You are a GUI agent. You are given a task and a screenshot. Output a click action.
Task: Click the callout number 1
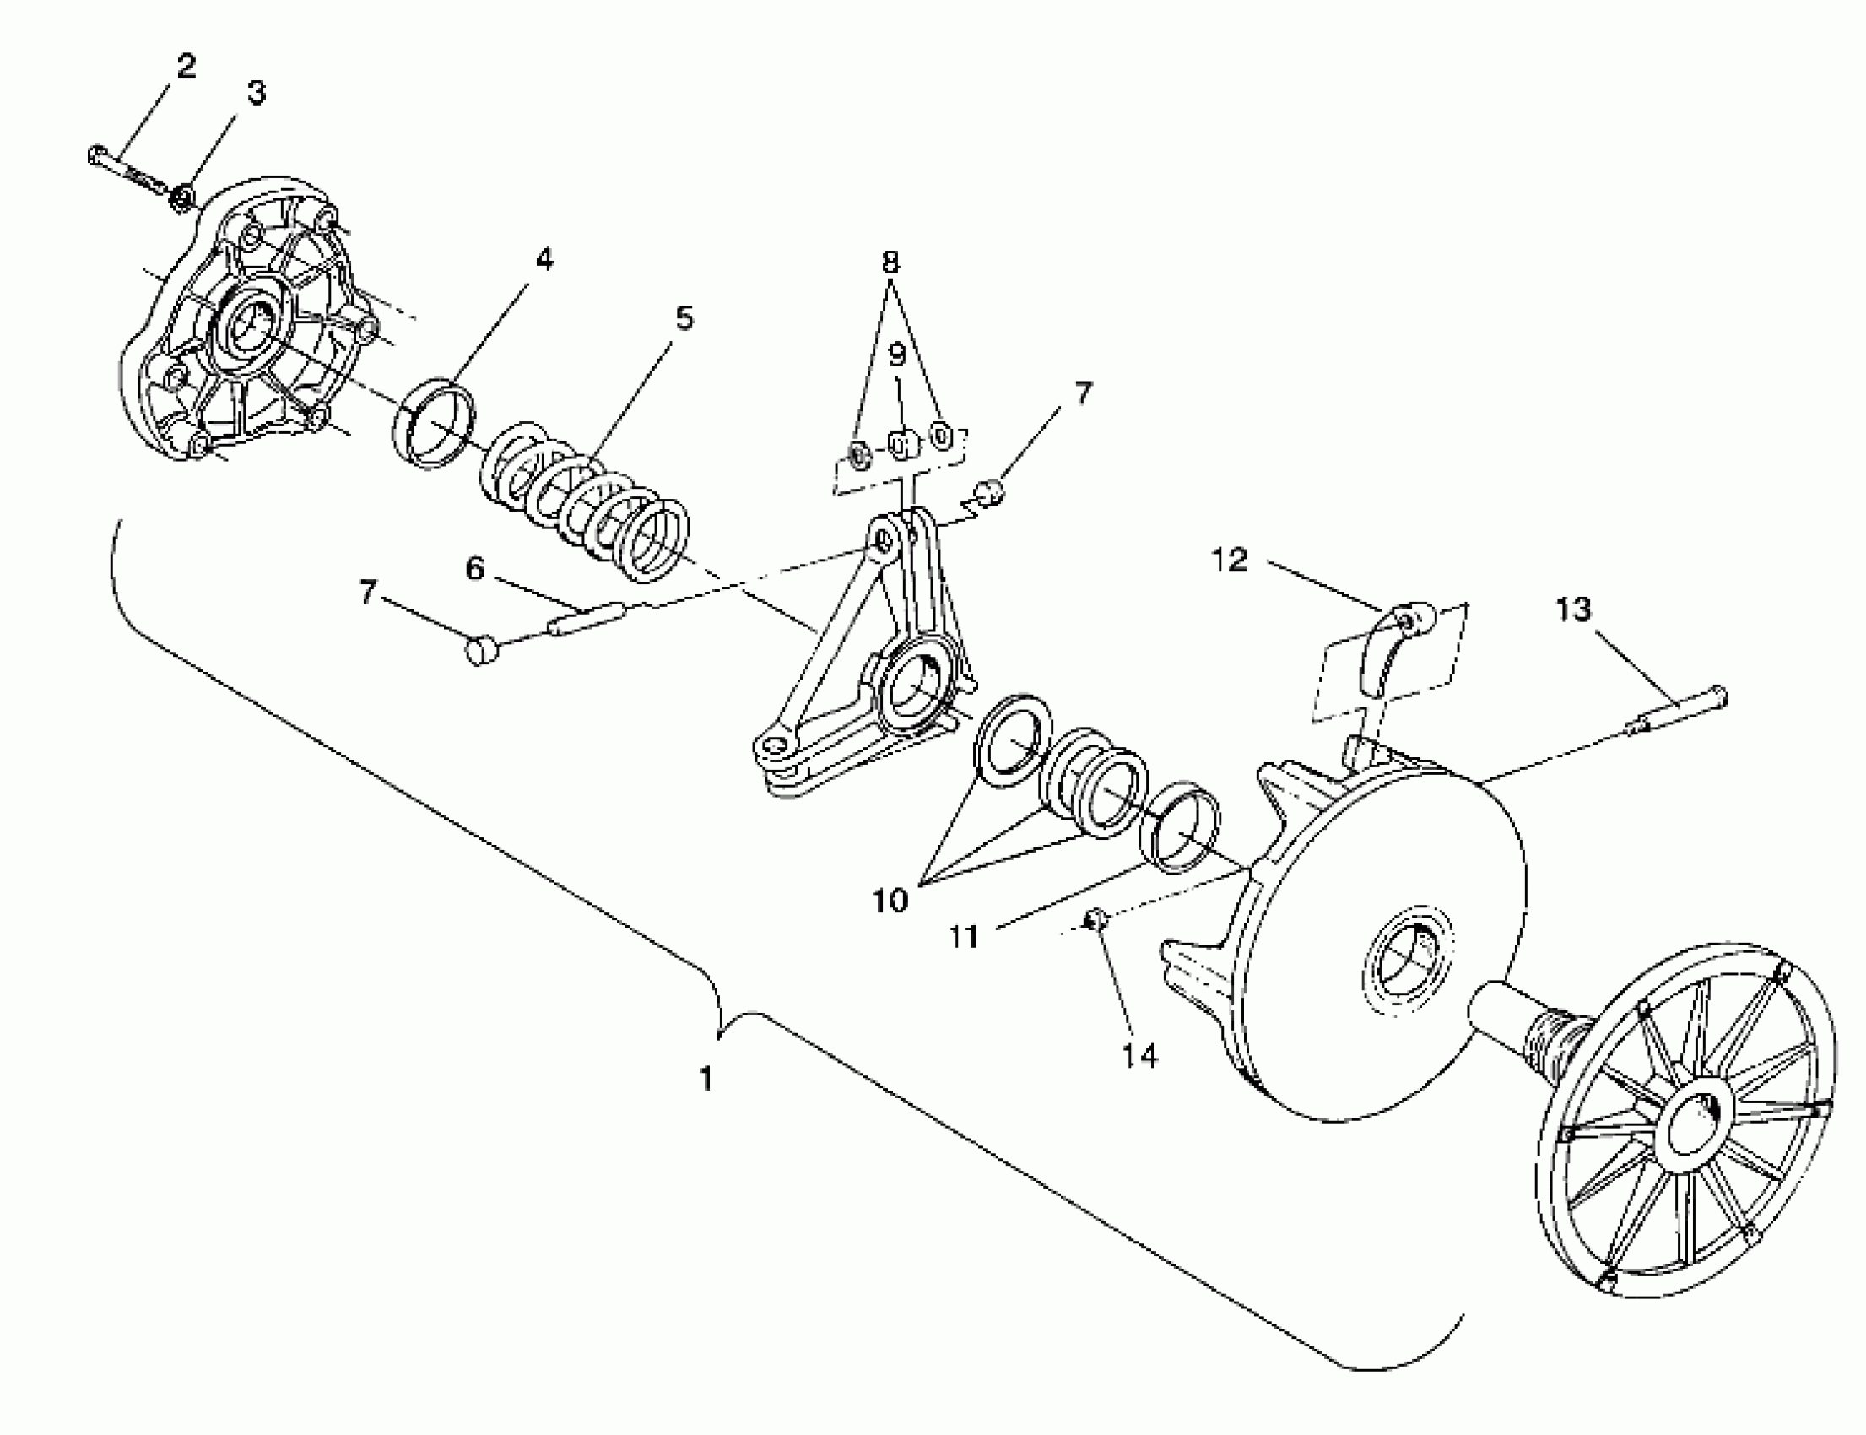706,1079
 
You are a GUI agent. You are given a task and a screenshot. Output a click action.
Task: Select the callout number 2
187,66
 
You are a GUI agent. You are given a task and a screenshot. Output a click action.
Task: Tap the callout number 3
257,92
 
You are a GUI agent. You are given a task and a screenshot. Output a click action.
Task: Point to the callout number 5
684,317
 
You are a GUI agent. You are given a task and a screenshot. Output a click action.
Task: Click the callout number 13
1572,609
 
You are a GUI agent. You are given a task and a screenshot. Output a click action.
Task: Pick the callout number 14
1139,1056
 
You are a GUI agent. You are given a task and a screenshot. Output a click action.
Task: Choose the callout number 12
1230,560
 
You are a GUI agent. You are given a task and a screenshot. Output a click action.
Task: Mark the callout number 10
890,900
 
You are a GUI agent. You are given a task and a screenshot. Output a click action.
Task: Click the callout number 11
963,937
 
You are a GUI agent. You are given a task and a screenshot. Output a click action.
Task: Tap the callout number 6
475,568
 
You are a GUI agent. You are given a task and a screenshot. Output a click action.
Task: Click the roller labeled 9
901,443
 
